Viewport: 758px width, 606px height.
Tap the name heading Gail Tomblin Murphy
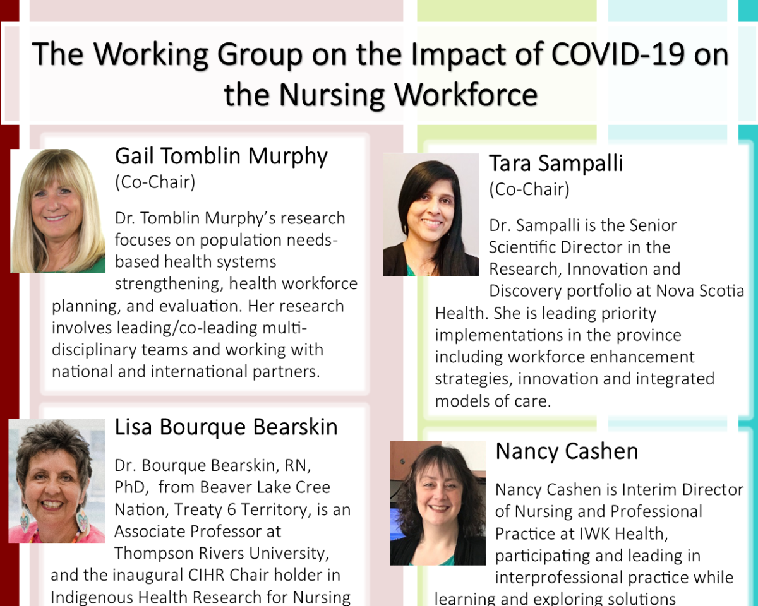[x=221, y=157]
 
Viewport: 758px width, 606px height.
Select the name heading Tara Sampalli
[x=556, y=163]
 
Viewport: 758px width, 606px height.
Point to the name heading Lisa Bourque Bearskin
[x=226, y=427]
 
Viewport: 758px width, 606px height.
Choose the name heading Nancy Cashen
[x=567, y=451]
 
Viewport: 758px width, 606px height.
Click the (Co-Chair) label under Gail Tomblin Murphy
[x=155, y=182]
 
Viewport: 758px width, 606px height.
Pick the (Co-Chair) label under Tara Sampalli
[x=529, y=189]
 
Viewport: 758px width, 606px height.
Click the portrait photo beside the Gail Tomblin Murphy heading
[x=57, y=211]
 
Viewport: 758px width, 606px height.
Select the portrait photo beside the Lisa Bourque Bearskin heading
[x=56, y=480]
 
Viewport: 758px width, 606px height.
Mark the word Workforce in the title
[x=466, y=95]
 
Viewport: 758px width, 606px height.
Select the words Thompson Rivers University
[x=222, y=554]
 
